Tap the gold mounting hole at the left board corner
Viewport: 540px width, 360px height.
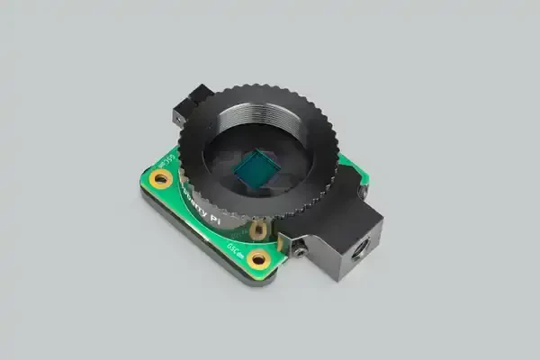click(x=163, y=180)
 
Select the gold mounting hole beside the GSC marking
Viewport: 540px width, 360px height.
click(x=258, y=259)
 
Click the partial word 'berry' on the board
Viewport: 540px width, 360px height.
click(x=199, y=200)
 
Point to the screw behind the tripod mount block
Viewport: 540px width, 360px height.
click(x=362, y=192)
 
